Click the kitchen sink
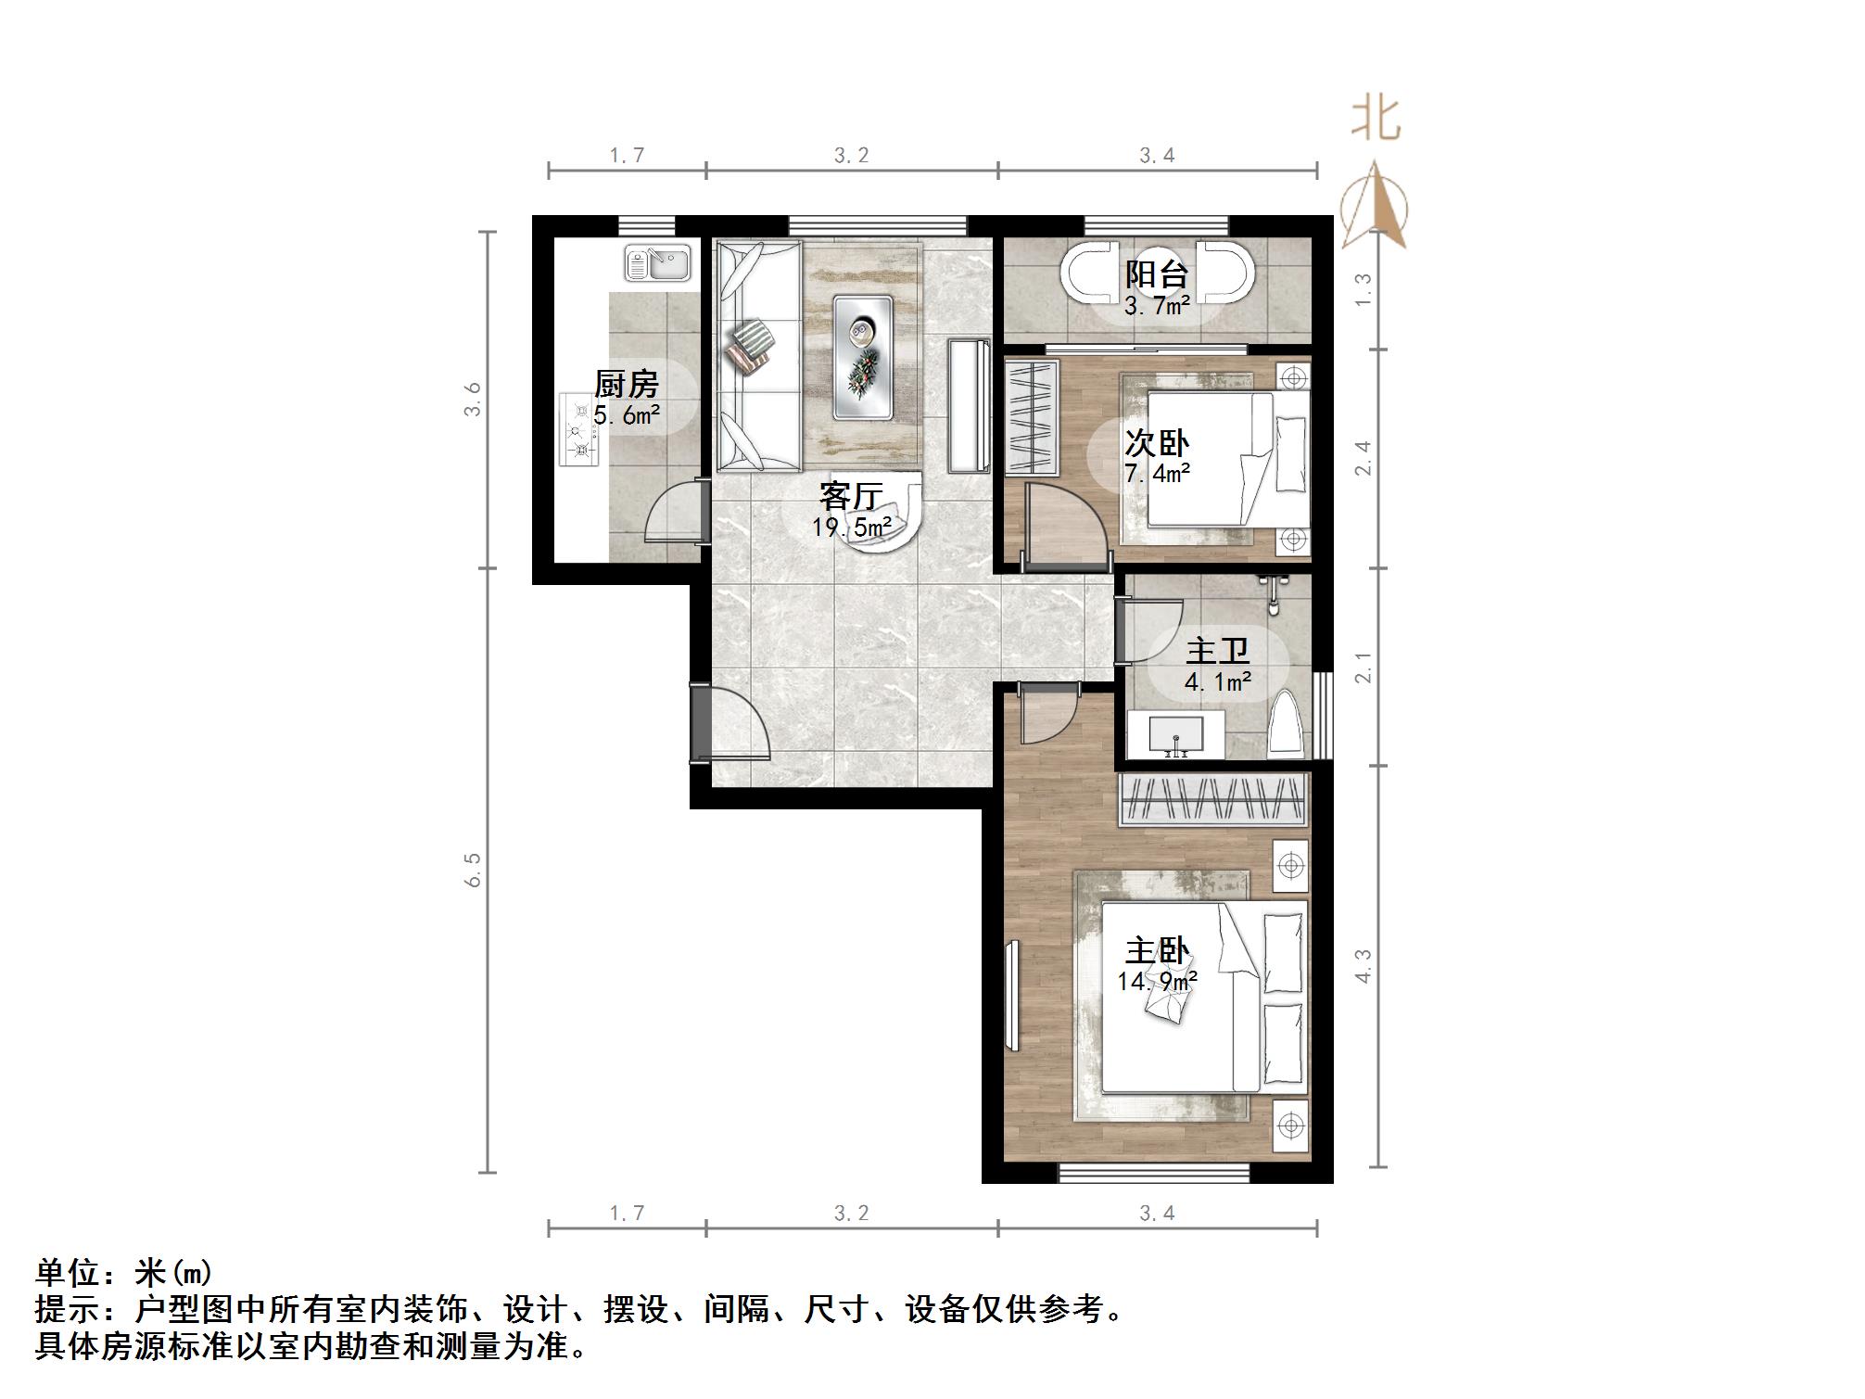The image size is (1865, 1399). tap(658, 262)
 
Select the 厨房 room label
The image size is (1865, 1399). tap(627, 384)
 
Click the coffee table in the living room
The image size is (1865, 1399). tap(862, 356)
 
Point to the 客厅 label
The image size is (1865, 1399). tap(851, 496)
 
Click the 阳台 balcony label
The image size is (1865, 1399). tap(1157, 274)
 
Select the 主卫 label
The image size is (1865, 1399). tap(1217, 652)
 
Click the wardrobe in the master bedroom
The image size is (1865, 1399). tap(1214, 799)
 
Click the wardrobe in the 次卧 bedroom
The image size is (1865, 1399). tap(1033, 418)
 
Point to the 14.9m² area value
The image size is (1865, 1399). tap(1157, 981)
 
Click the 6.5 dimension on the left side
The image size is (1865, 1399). tap(474, 870)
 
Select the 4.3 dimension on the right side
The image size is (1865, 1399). tap(1363, 965)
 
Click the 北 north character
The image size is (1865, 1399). tap(1375, 120)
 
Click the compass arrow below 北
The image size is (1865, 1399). tap(1376, 205)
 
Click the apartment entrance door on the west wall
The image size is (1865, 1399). tap(728, 723)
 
